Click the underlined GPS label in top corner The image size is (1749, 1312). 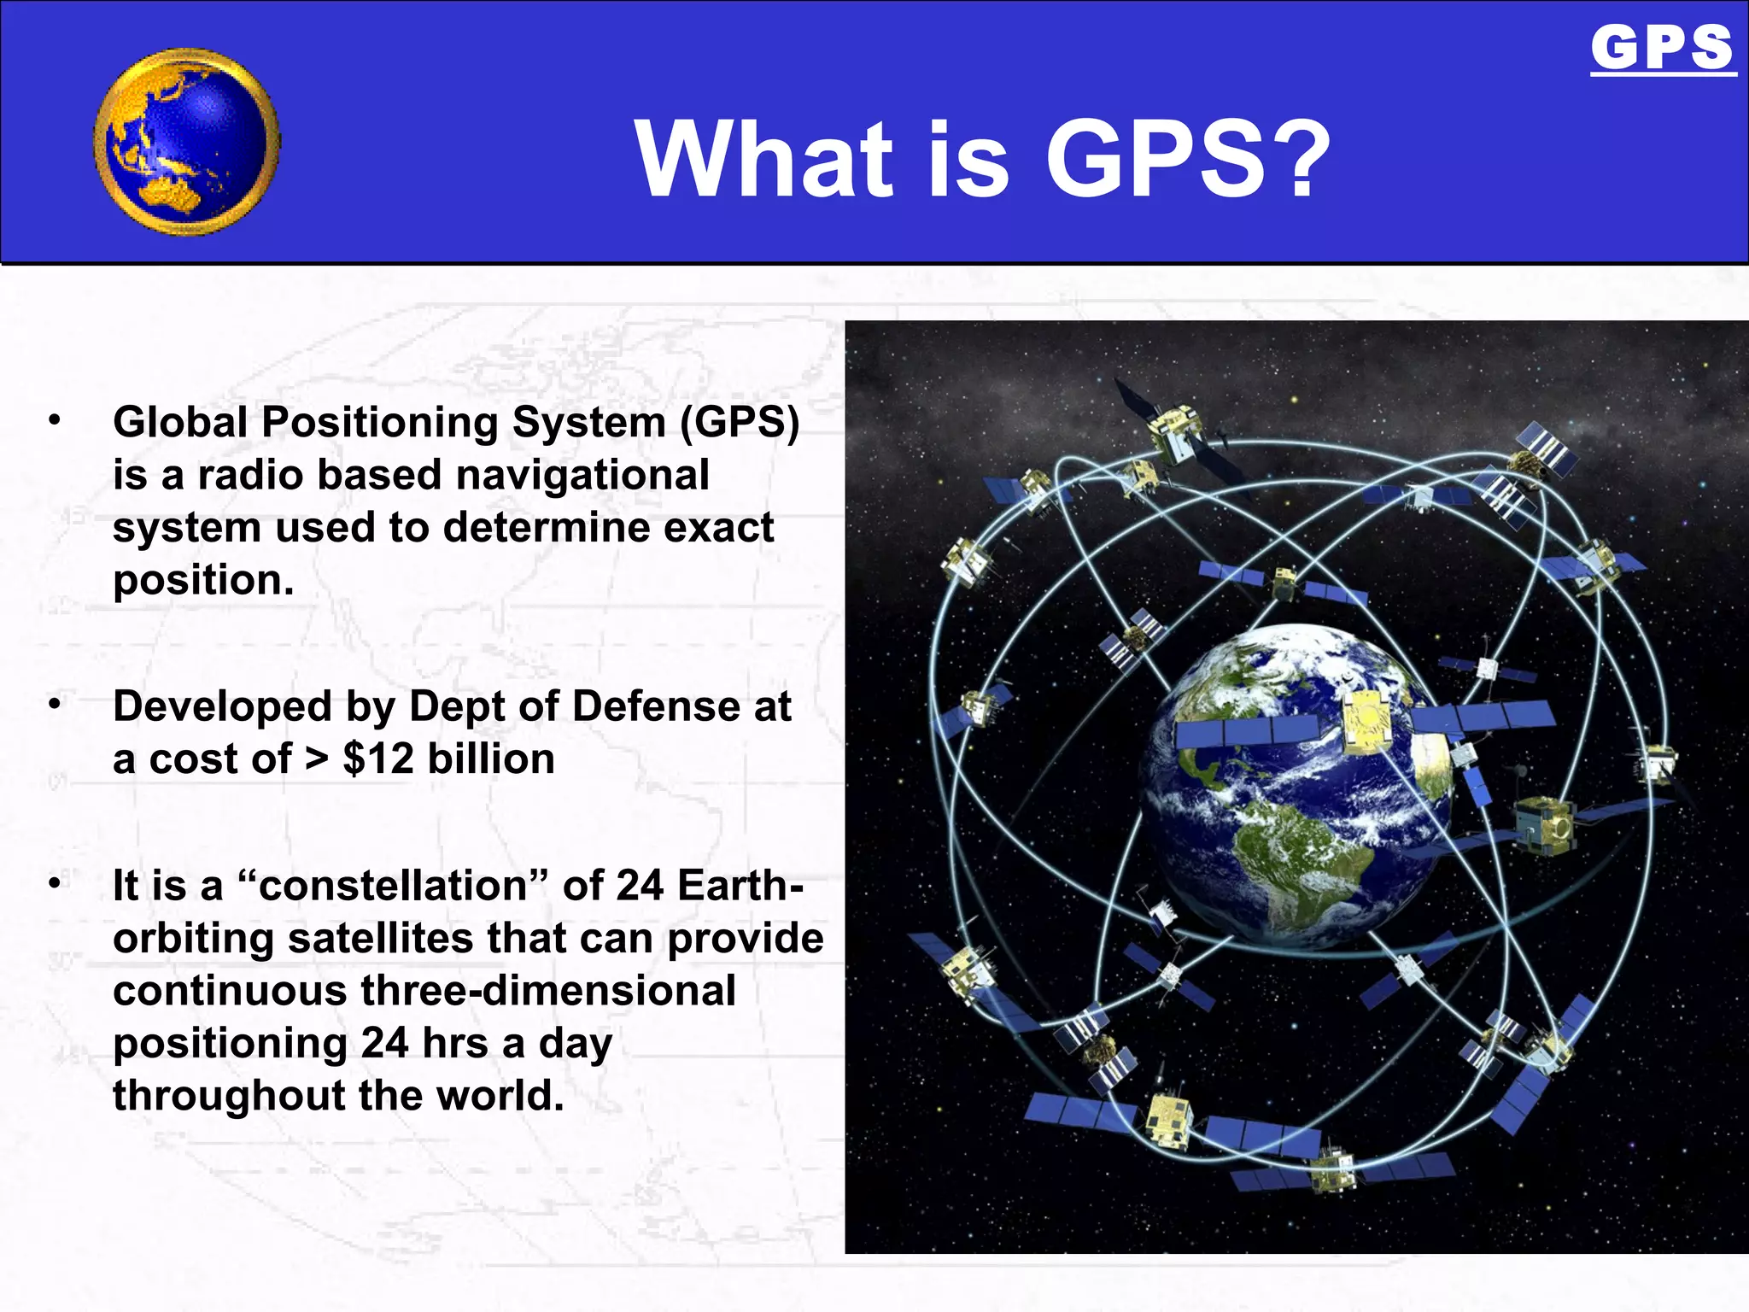pyautogui.click(x=1662, y=49)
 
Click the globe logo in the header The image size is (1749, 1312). pyautogui.click(x=187, y=143)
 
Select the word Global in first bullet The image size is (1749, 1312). pyautogui.click(x=180, y=423)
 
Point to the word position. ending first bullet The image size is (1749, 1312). pyautogui.click(x=203, y=582)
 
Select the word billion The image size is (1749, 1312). pyautogui.click(x=491, y=759)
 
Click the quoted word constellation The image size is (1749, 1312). pyautogui.click(x=392, y=886)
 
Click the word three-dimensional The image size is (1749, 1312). pyautogui.click(x=547, y=992)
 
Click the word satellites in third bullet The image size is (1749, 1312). pyautogui.click(x=380, y=939)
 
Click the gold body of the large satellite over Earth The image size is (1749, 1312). pyautogui.click(x=1367, y=723)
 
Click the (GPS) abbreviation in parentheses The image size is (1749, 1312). pyautogui.click(x=740, y=423)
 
